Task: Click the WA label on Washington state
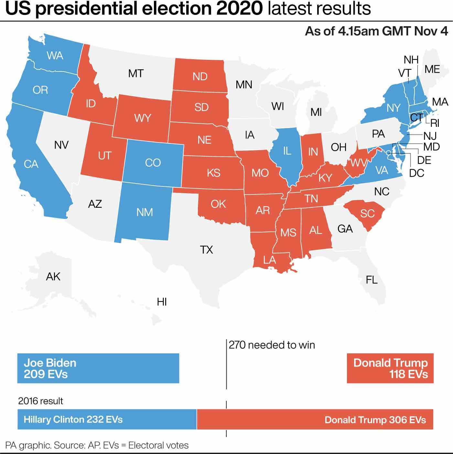point(55,56)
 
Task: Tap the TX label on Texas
point(206,250)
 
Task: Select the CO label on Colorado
point(153,162)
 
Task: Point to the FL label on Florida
point(372,280)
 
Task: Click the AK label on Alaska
point(53,277)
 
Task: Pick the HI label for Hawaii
point(162,302)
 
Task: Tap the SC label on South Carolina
point(367,214)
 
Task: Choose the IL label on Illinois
point(287,151)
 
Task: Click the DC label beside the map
point(416,173)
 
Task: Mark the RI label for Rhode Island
point(435,123)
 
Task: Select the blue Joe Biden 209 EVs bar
point(98,368)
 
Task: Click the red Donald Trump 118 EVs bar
point(390,368)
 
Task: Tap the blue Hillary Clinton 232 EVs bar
point(107,420)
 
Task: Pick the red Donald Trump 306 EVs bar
point(315,420)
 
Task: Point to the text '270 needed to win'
point(272,345)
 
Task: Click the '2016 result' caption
point(40,401)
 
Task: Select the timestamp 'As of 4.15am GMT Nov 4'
point(376,31)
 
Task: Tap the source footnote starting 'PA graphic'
point(97,446)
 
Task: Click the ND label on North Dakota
point(200,77)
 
